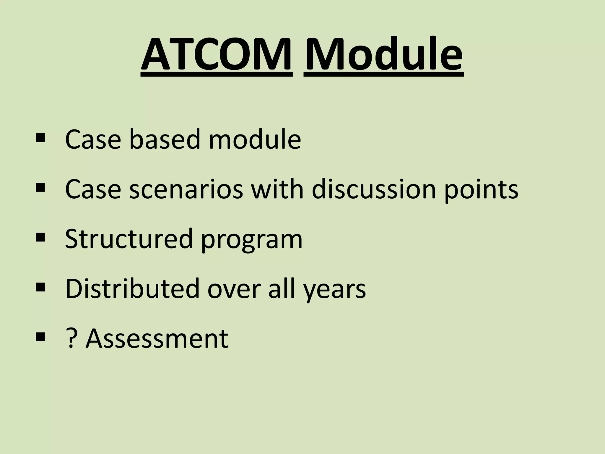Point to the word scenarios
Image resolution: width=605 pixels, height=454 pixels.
coord(186,189)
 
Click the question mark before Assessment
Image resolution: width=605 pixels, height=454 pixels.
coord(70,338)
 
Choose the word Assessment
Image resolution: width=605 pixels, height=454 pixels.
coord(157,338)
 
